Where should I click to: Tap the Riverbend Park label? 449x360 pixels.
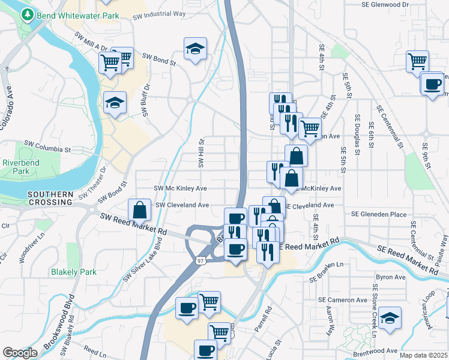pos(16,167)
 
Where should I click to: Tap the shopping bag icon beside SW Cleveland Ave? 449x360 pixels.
pos(140,211)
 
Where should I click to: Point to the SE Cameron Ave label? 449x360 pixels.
pos(343,300)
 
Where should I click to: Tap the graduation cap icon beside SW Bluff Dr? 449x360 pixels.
pos(115,103)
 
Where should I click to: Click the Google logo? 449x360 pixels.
pos(20,353)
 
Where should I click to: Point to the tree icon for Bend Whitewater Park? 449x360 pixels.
pos(26,14)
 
